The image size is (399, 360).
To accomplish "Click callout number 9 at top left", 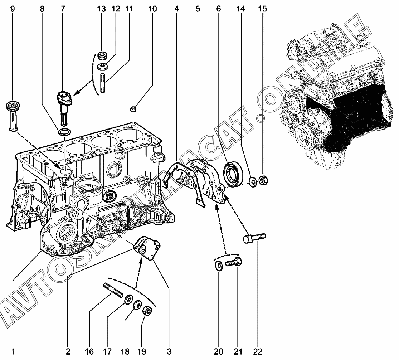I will point(13,9).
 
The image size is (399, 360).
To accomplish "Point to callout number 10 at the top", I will point(152,9).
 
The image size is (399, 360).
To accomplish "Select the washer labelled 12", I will point(102,67).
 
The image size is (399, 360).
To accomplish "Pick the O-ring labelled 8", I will point(64,133).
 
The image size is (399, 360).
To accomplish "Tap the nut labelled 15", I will point(263,181).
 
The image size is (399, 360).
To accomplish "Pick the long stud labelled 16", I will point(113,290).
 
